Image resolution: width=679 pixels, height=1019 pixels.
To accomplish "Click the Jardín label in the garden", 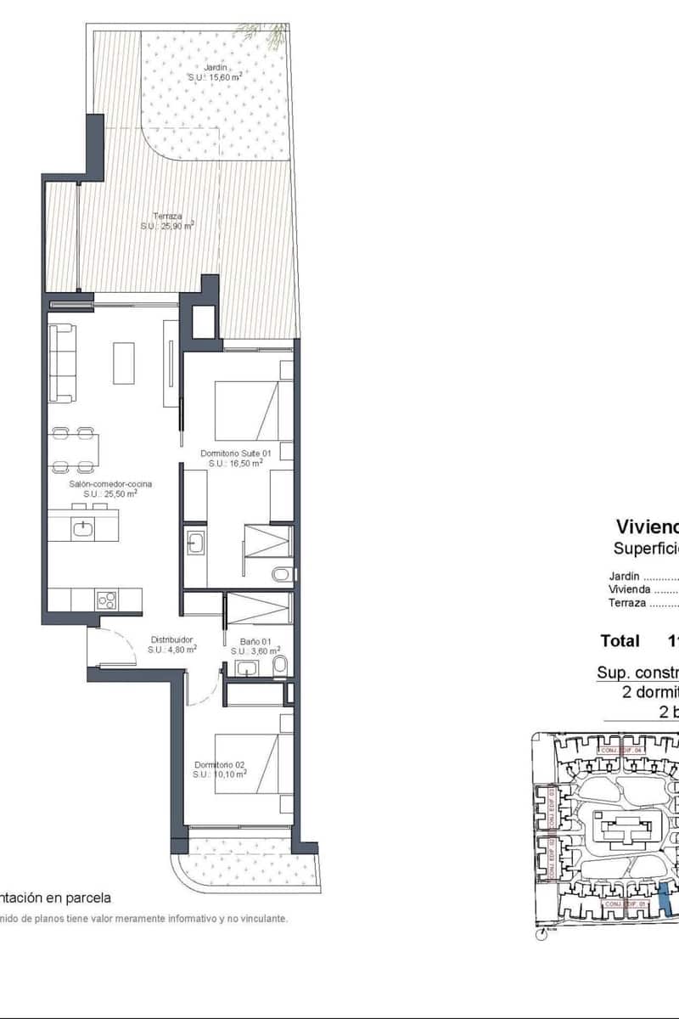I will pos(215,68).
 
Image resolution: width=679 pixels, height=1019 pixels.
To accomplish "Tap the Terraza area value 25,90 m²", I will pos(167,226).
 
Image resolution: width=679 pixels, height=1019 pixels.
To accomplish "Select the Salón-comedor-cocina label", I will pos(110,483).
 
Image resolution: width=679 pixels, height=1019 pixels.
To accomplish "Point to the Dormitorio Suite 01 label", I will pos(235,453).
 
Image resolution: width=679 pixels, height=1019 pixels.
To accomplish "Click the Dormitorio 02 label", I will pos(219,763).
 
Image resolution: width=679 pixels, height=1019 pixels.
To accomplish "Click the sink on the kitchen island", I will pos(83,528).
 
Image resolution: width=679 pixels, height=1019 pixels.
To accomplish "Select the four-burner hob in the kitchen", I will pos(107,600).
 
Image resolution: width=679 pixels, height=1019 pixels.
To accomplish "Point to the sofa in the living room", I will pos(62,363).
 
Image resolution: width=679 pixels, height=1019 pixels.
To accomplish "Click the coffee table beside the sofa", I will pos(124,363).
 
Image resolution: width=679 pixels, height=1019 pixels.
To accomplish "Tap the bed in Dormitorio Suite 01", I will pos(246,411).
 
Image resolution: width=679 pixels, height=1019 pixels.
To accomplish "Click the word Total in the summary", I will pos(620,640).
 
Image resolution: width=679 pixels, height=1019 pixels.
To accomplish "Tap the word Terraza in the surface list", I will pos(627,603).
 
